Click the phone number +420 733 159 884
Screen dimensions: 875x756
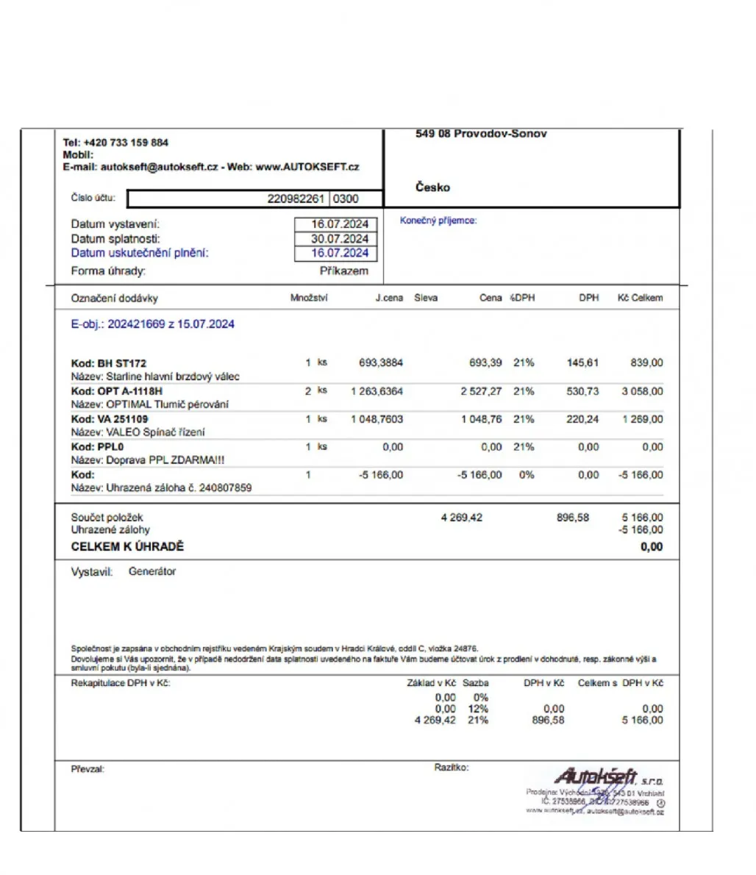[126, 143]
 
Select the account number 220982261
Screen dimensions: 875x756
[296, 199]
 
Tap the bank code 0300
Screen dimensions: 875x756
[346, 199]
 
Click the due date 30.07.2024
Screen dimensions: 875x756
[340, 239]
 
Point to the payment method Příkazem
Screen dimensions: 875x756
[343, 271]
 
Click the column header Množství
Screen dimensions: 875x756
[309, 298]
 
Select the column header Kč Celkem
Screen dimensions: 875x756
[640, 298]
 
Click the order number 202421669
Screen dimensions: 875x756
[137, 324]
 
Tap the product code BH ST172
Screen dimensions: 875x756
[121, 363]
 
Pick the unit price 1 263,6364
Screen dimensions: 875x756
[377, 391]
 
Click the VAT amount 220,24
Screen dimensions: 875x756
[582, 419]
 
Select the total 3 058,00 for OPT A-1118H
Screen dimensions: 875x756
[642, 391]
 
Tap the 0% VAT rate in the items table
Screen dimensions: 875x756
[527, 475]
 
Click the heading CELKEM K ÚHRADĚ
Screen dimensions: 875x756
[127, 547]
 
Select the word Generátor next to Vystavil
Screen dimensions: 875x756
[152, 571]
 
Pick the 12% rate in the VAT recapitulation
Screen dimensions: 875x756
[478, 709]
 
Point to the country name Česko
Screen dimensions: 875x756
[432, 187]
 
